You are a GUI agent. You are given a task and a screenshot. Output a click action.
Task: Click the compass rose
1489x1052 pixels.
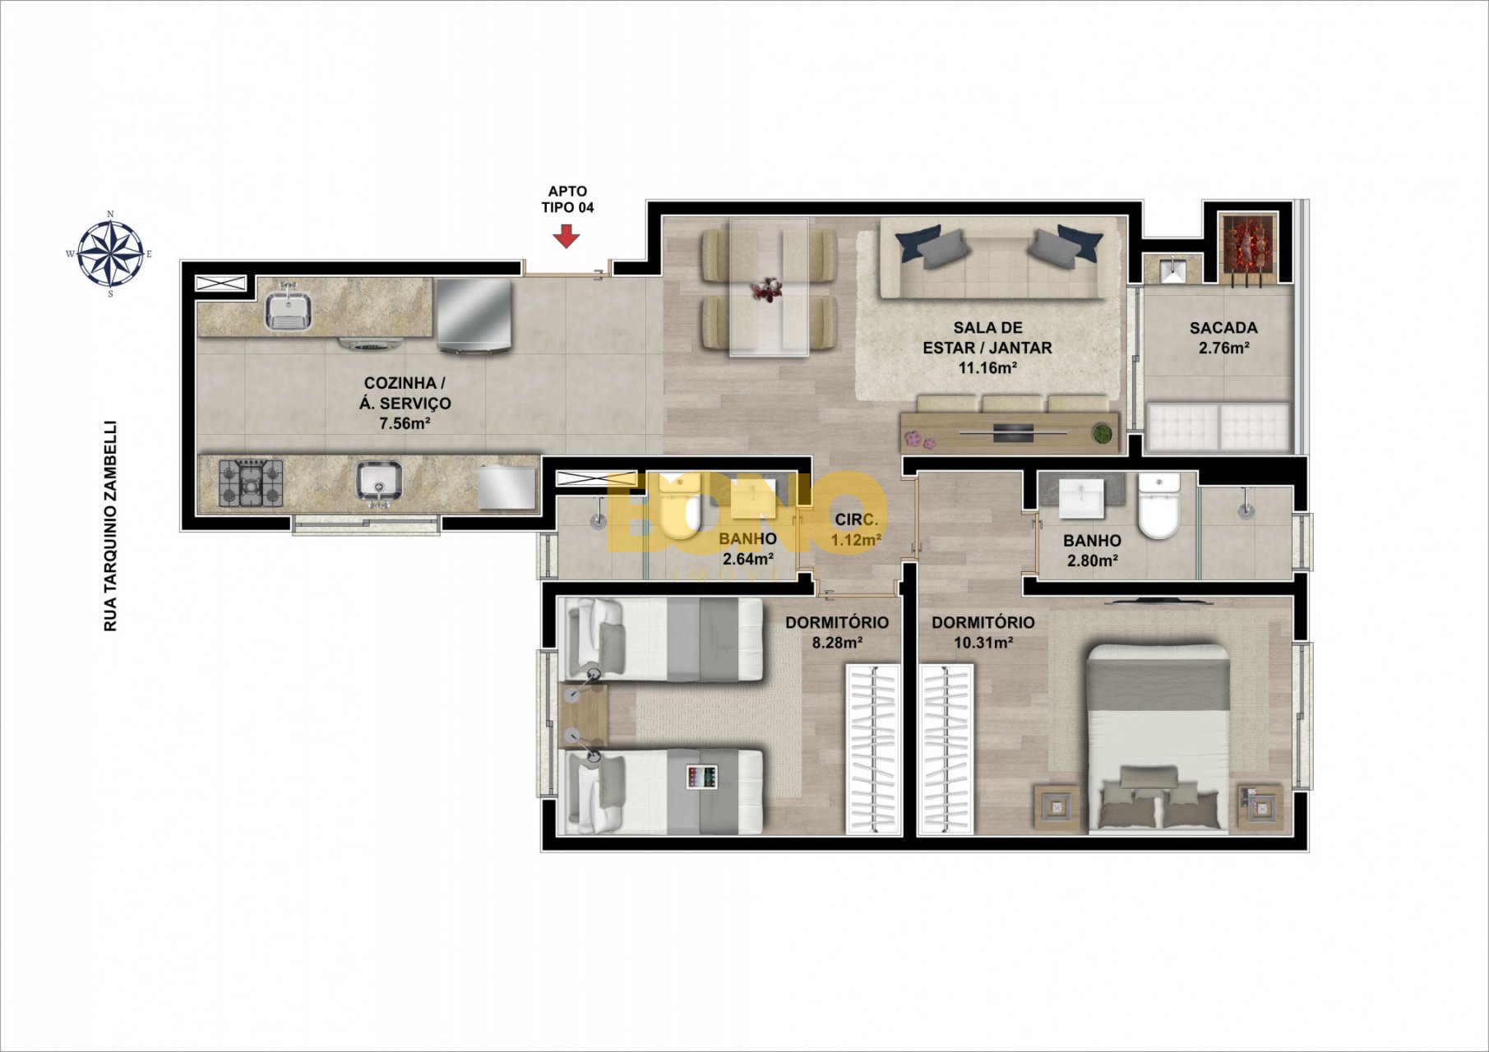pos(110,254)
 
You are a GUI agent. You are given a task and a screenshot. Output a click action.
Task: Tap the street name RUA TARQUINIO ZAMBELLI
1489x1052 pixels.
pos(110,526)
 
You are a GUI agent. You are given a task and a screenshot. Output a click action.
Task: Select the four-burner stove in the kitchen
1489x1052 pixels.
pos(251,482)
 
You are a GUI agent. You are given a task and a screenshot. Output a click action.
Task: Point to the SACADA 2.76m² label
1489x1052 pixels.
pos(1223,338)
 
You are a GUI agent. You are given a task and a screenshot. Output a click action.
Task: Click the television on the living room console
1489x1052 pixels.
pos(1014,431)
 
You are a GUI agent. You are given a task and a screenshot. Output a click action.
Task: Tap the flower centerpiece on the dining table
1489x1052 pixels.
pos(767,289)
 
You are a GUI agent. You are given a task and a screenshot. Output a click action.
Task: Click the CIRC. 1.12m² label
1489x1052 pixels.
pos(857,530)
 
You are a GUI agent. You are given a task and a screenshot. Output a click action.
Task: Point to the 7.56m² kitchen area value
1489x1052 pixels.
pos(405,424)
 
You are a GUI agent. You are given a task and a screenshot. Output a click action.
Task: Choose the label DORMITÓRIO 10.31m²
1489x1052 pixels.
pos(983,632)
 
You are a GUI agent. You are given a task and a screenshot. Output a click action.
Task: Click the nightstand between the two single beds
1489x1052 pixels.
pos(583,715)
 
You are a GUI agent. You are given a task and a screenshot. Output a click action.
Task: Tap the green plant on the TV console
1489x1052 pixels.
pos(1100,433)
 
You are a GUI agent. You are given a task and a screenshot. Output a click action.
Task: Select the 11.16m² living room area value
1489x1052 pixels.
pos(987,367)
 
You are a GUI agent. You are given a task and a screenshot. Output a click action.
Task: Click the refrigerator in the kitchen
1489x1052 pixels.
pos(474,316)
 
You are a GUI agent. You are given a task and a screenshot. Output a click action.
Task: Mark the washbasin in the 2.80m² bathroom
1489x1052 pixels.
pos(1082,498)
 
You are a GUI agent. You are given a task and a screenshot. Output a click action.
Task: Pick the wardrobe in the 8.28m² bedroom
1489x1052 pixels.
pos(873,750)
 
